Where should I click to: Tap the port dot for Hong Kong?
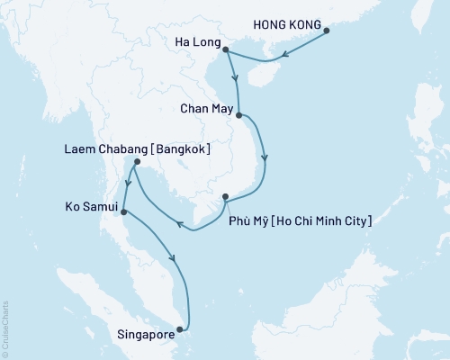pyautogui.click(x=326, y=31)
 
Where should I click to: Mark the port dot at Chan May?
pyautogui.click(x=238, y=115)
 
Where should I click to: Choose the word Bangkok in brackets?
pyautogui.click(x=183, y=149)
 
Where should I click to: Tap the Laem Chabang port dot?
pyautogui.click(x=135, y=163)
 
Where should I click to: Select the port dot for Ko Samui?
pyautogui.click(x=123, y=212)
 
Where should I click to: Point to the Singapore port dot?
pyautogui.click(x=185, y=328)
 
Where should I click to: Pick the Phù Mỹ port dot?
pyautogui.click(x=226, y=197)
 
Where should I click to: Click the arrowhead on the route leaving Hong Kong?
pyautogui.click(x=283, y=57)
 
